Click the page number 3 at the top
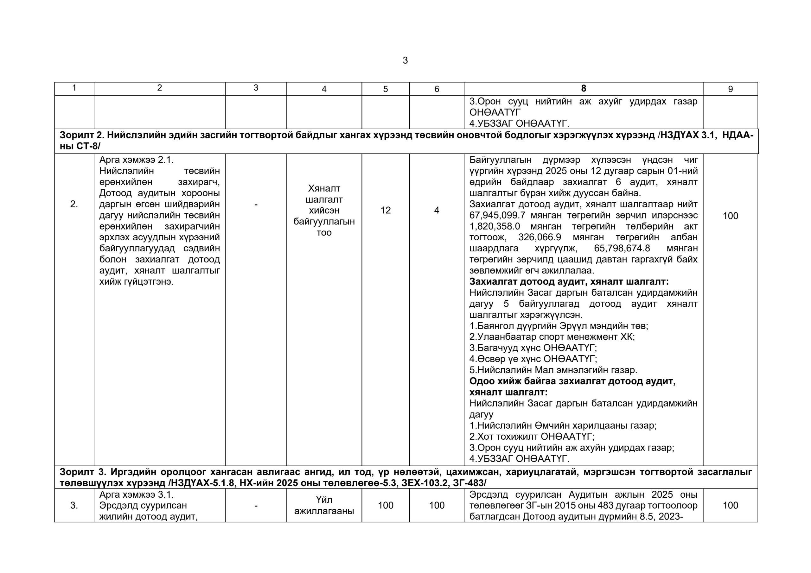405,60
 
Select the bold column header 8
583,88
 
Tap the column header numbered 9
730,89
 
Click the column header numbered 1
74,88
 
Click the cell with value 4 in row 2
437,211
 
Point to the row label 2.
74,204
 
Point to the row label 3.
74,506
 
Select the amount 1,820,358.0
495,226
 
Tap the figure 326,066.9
540,237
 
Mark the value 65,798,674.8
622,248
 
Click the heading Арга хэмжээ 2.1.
136,160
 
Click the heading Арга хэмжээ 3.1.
136,494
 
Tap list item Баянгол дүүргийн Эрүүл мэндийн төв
559,325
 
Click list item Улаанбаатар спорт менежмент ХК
552,337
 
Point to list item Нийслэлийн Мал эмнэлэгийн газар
553,370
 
